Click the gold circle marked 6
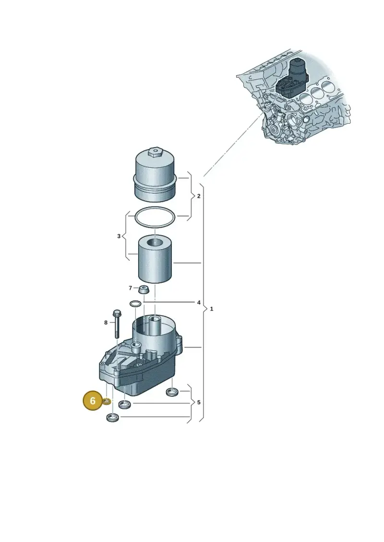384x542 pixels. pyautogui.click(x=93, y=401)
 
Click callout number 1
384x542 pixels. pyautogui.click(x=212, y=309)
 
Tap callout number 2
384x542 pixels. pyautogui.click(x=198, y=196)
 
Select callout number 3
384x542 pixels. pyautogui.click(x=119, y=236)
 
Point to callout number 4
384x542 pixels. pyautogui.click(x=199, y=302)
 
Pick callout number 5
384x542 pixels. pyautogui.click(x=199, y=403)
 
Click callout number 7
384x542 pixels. pyautogui.click(x=130, y=288)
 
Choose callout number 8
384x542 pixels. pyautogui.click(x=106, y=323)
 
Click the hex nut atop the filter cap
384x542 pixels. pyautogui.click(x=155, y=151)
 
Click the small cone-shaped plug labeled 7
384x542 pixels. pyautogui.click(x=144, y=289)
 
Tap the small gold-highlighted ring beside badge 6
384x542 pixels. pyautogui.click(x=107, y=401)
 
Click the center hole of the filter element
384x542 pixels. pyautogui.click(x=155, y=242)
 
